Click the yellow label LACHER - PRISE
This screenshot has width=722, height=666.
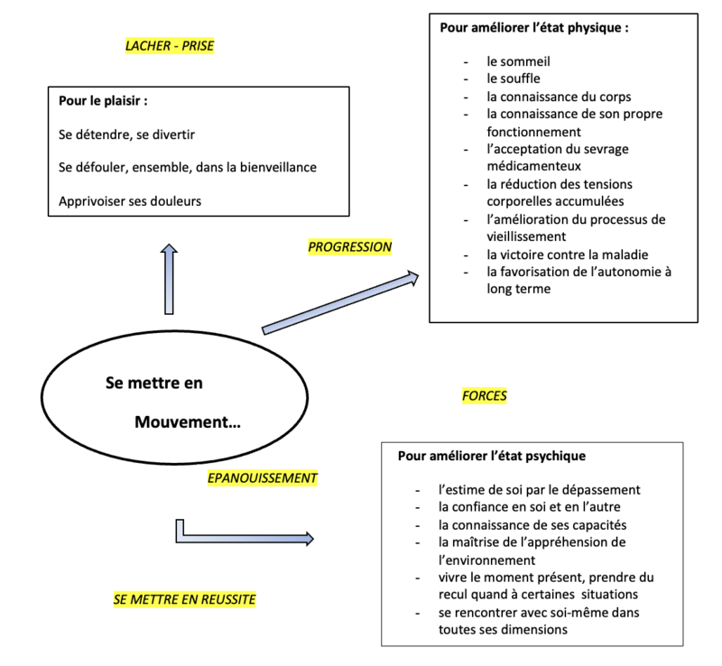[170, 46]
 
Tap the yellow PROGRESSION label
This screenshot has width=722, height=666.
[350, 246]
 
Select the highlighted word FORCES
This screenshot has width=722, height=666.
[484, 395]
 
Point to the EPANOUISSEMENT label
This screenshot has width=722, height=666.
[263, 477]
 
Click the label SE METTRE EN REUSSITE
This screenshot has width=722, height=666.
[185, 598]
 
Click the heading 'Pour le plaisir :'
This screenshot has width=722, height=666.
[103, 100]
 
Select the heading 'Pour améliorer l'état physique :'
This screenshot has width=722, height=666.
[534, 27]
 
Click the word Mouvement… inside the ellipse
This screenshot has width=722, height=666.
[187, 421]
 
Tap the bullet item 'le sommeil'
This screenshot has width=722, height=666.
[518, 62]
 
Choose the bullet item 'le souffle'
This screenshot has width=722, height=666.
[514, 79]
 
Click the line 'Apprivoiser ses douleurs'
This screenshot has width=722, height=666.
[129, 200]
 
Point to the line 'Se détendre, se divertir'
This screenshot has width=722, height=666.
[127, 134]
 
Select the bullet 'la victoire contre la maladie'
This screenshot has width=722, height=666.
[567, 254]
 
